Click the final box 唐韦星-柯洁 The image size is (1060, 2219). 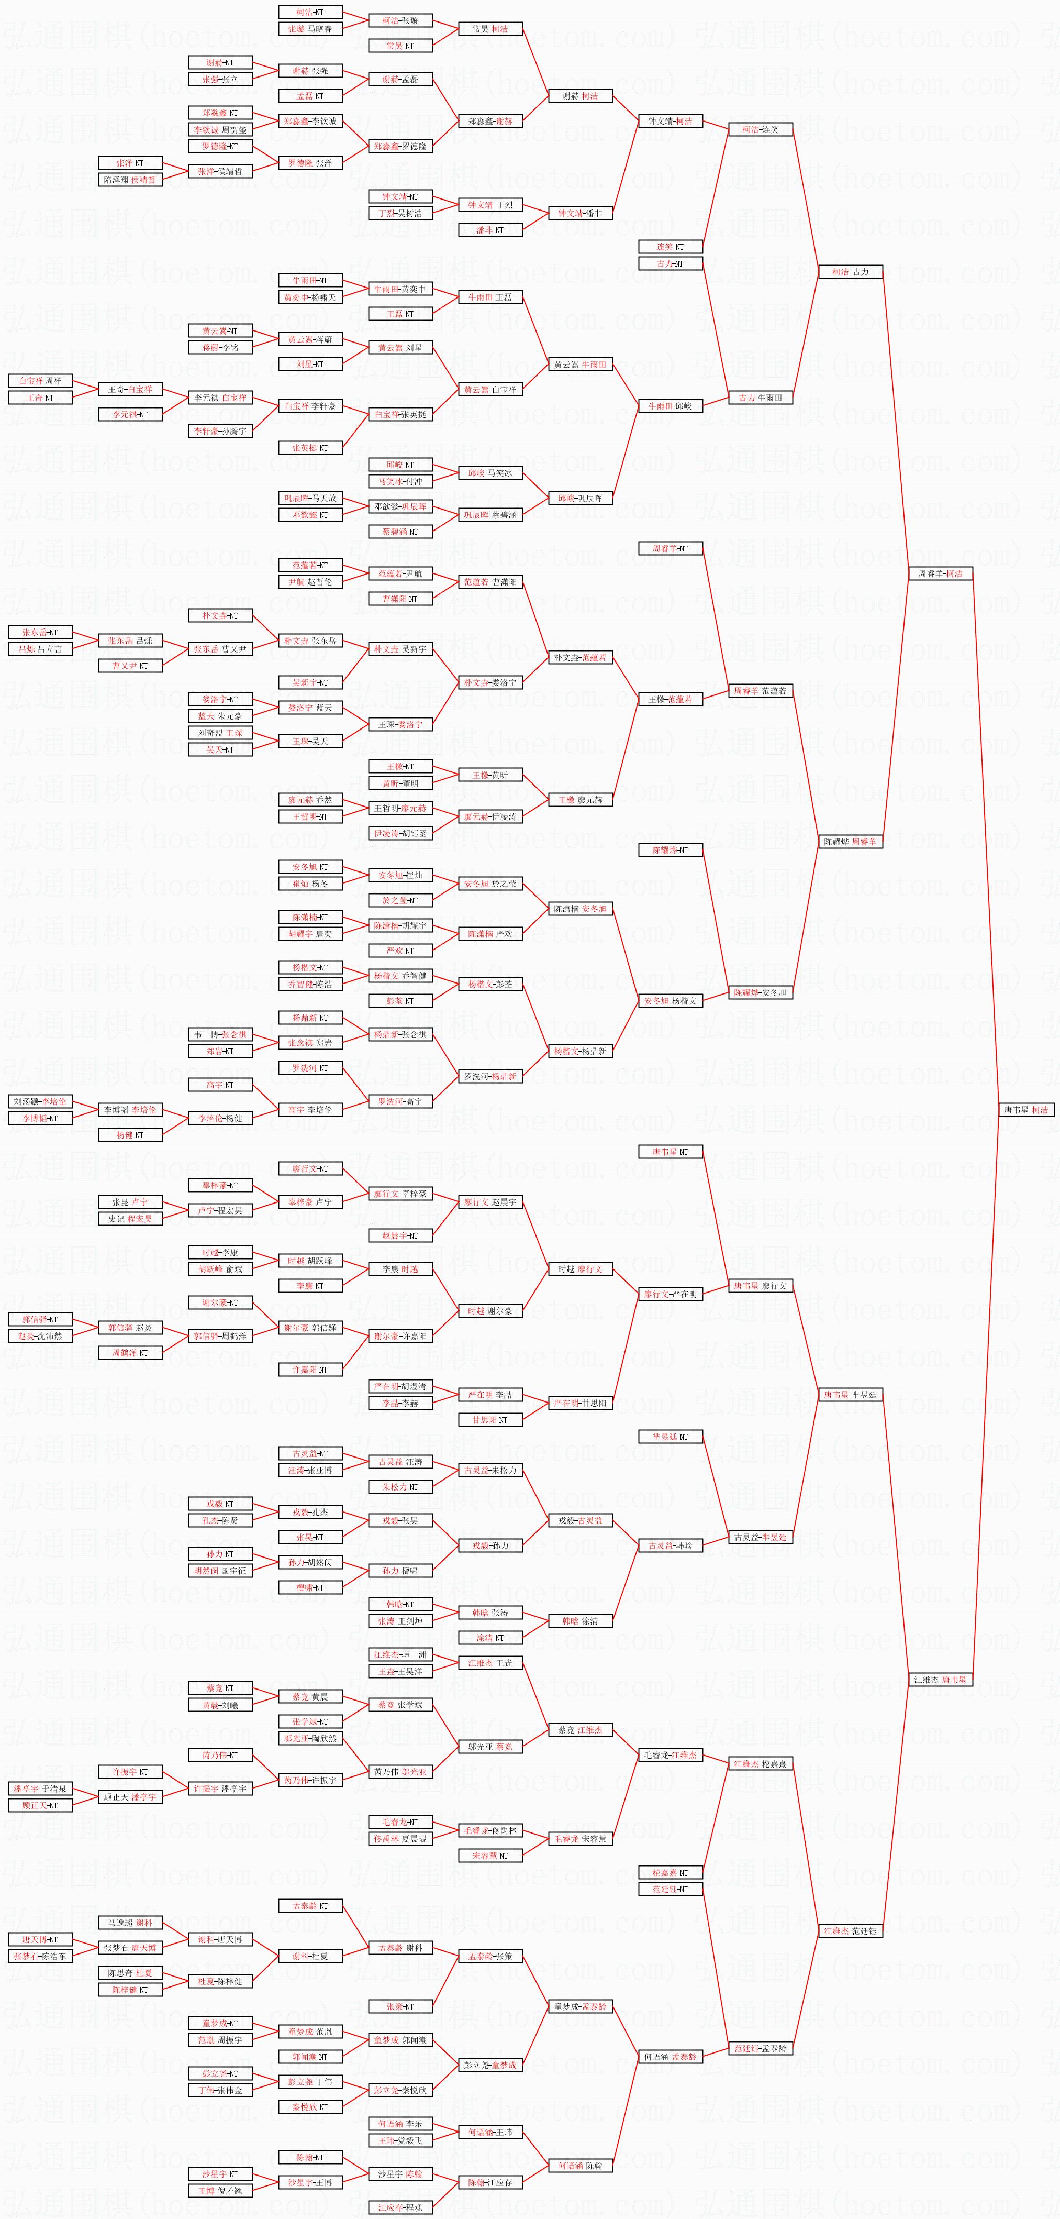tap(1026, 1109)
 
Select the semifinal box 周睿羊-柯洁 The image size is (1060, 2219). tap(940, 573)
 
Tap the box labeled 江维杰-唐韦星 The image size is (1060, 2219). tap(940, 1679)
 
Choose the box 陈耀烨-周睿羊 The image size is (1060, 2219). tap(850, 842)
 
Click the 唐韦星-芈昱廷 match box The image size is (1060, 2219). tap(850, 1395)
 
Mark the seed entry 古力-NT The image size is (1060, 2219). tap(670, 263)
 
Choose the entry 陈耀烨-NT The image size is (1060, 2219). tap(670, 850)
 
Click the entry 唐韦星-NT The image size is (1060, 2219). tap(670, 1152)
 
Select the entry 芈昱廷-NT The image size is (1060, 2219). tap(670, 1436)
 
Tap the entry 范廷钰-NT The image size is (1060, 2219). tap(670, 1889)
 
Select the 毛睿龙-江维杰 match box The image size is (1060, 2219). tap(670, 1754)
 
